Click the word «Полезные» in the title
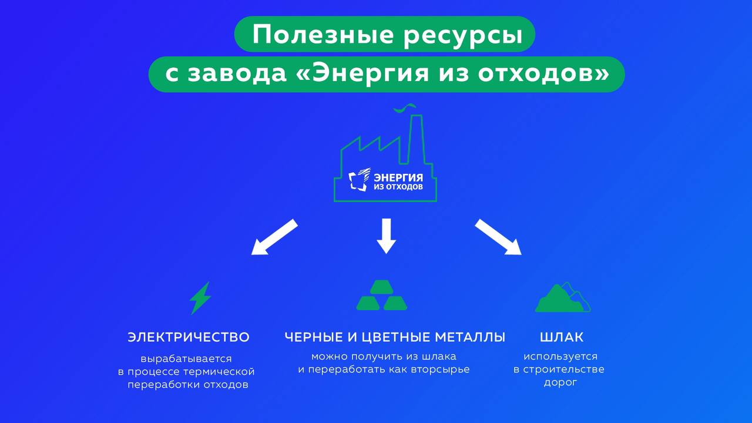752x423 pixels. tap(323, 34)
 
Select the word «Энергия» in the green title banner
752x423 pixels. tap(370, 73)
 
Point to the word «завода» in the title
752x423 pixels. tap(237, 74)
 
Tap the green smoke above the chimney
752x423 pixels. tap(405, 108)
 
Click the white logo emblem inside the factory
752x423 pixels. tap(359, 180)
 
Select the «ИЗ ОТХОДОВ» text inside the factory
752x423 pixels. tap(398, 187)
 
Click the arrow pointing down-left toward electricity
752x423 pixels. tap(274, 237)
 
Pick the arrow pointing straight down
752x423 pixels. tap(386, 236)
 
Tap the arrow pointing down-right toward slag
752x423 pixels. tap(498, 237)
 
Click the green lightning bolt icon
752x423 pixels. tap(200, 298)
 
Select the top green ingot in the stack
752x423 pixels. tap(382, 287)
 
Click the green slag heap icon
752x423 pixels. tap(562, 298)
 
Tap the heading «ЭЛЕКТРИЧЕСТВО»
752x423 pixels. tap(189, 337)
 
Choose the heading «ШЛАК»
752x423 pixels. tap(562, 337)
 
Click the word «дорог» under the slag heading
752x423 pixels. tap(560, 383)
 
